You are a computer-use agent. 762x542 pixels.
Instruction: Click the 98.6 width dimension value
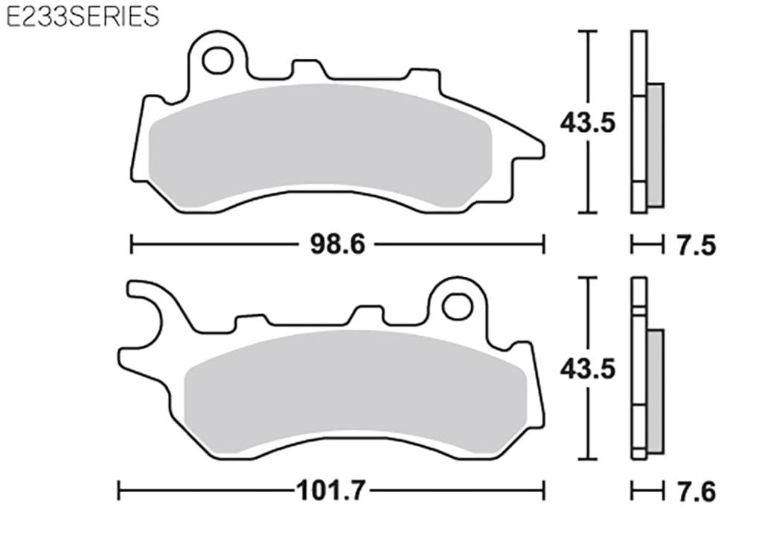337,243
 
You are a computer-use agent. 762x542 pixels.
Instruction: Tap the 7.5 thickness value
697,245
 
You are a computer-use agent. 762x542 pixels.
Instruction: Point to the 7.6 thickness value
697,491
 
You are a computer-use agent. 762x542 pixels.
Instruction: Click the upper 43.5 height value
588,121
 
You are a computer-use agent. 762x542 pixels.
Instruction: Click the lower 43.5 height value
588,369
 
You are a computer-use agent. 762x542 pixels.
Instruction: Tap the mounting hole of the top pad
217,60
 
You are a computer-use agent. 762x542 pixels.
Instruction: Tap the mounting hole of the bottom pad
457,306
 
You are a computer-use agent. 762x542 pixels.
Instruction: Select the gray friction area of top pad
320,145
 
